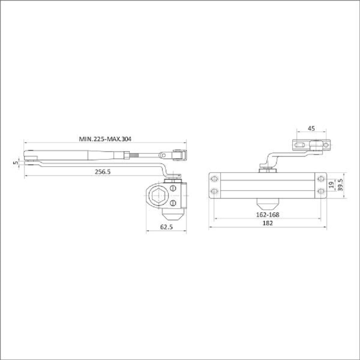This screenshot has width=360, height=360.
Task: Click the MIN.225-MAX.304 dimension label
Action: [105, 139]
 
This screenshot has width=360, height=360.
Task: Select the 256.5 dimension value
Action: [103, 172]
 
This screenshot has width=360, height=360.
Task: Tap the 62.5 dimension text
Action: [166, 227]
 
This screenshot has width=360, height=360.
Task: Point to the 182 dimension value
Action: [268, 223]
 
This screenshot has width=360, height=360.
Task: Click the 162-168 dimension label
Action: [268, 215]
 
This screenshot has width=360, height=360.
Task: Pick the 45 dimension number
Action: [311, 128]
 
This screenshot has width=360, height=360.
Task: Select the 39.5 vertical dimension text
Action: [340, 185]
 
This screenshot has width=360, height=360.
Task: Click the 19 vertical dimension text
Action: [331, 185]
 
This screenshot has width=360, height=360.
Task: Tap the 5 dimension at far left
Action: [16, 163]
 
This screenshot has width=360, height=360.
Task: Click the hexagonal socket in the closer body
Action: [158, 195]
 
